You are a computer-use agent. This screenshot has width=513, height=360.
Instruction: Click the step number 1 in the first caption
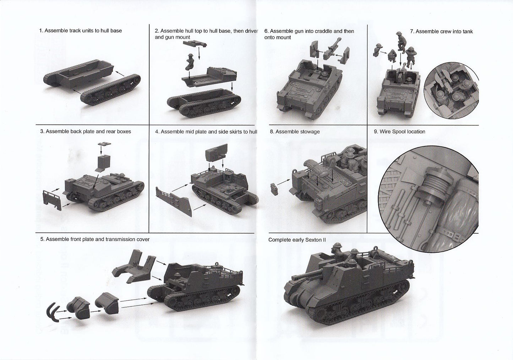(41, 31)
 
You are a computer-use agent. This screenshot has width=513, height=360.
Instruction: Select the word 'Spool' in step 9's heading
(398, 132)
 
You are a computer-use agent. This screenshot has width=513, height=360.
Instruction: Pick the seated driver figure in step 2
(190, 62)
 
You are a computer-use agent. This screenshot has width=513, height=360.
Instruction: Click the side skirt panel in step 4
(174, 202)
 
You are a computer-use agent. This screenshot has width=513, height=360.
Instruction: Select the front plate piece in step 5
(135, 266)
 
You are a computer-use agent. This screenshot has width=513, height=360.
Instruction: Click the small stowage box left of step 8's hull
(274, 189)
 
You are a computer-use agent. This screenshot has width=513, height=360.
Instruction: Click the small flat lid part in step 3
(104, 144)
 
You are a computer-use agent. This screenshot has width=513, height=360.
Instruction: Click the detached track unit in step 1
(110, 90)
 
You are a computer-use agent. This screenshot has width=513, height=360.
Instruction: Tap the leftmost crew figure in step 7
(377, 50)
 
